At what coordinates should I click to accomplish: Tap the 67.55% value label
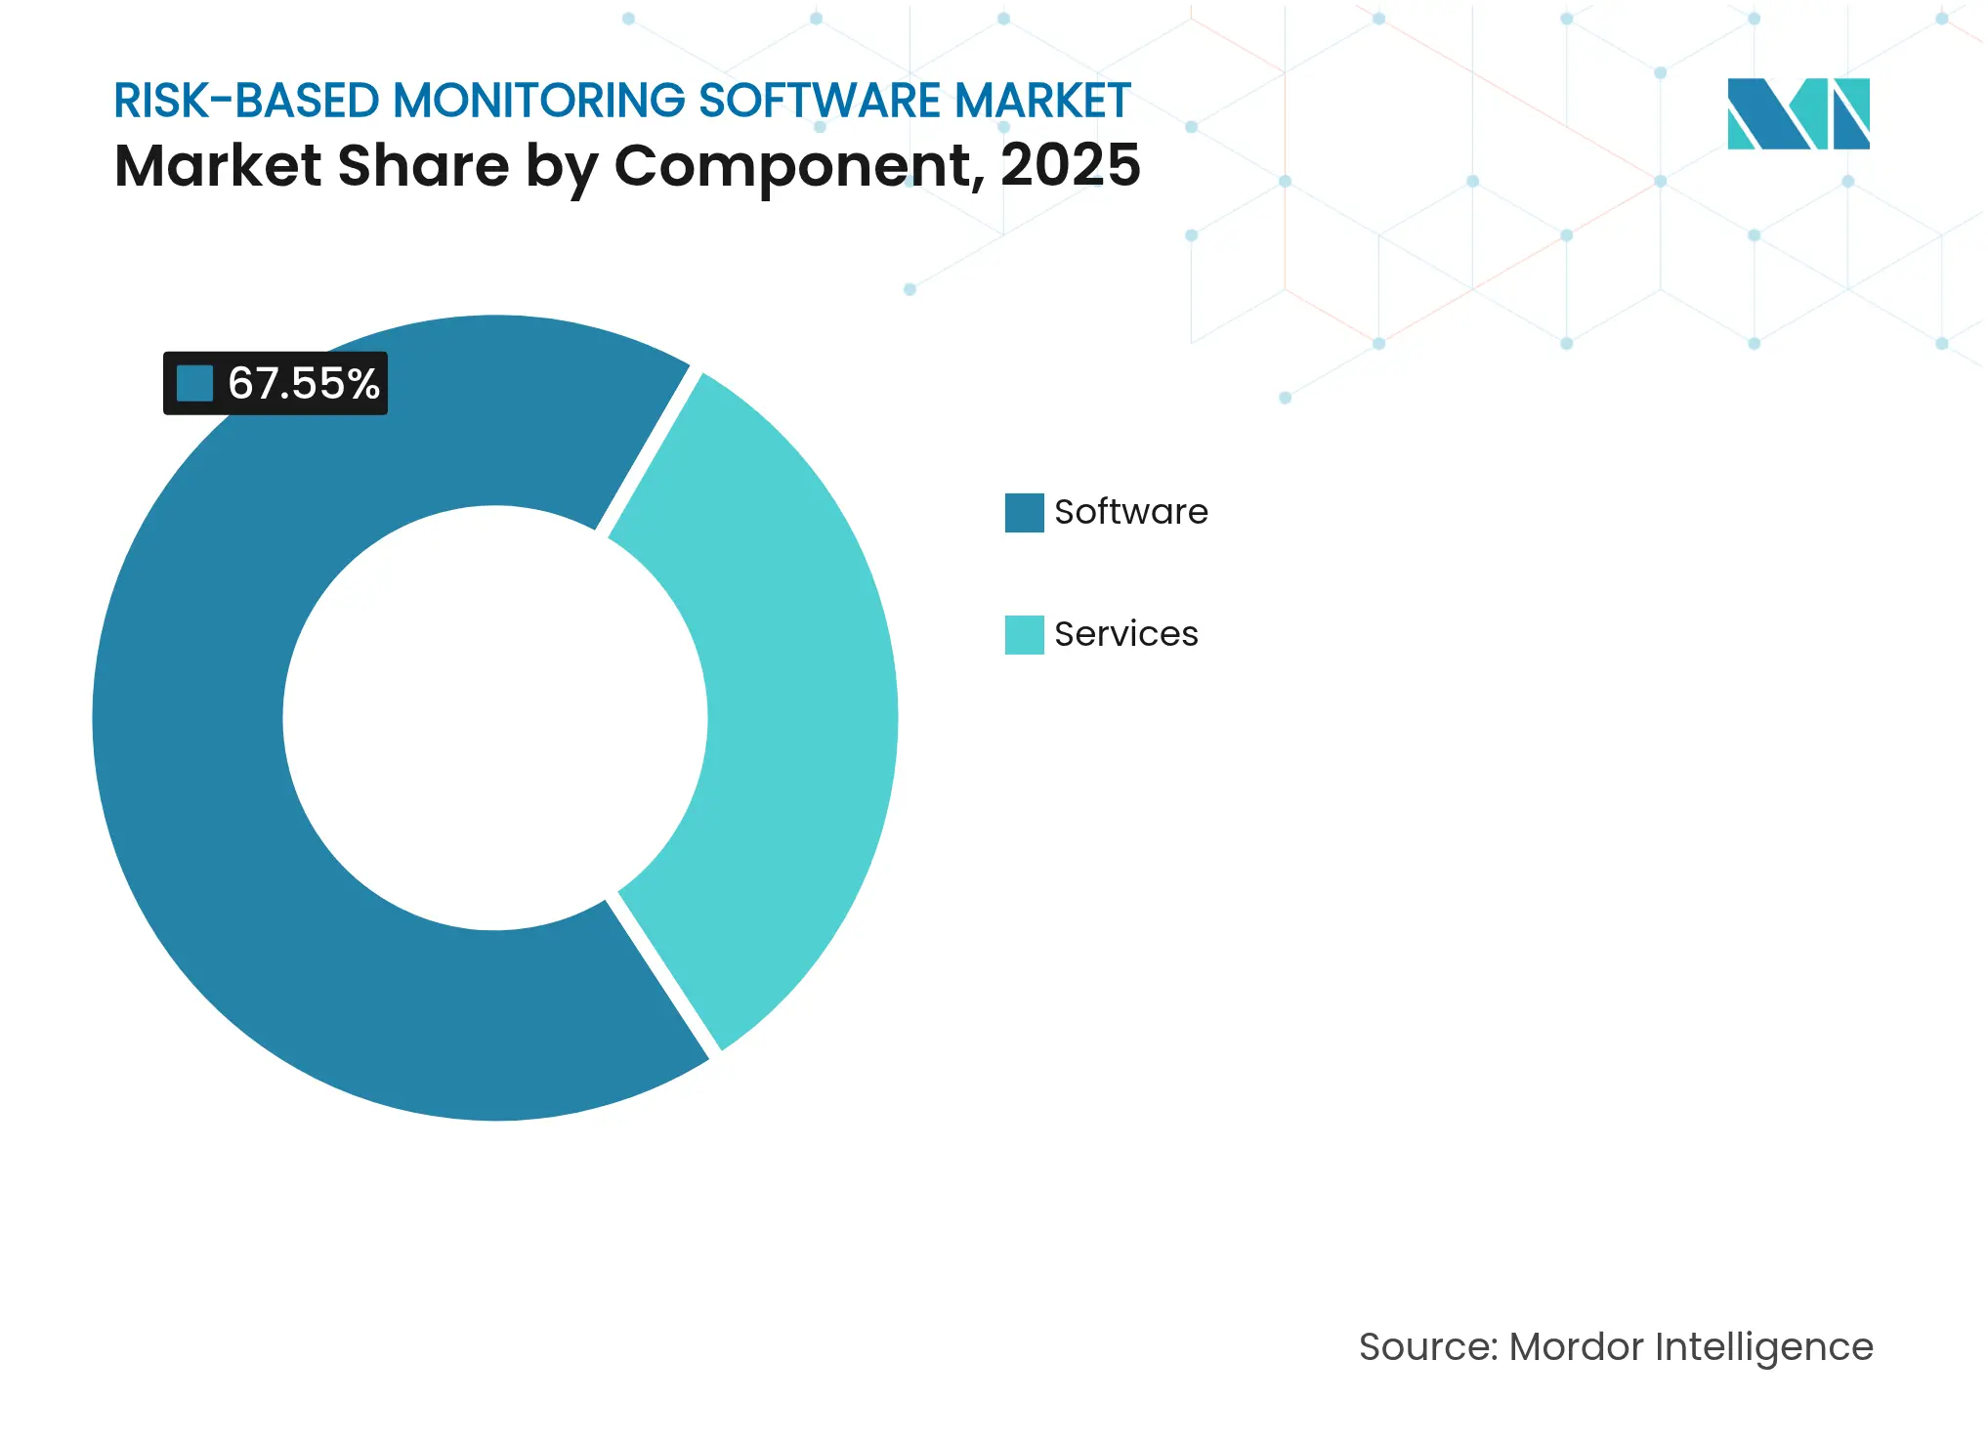coord(303,383)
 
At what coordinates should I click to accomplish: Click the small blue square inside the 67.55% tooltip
coord(194,383)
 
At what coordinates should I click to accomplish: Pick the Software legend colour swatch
coord(1024,512)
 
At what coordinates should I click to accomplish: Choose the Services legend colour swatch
coord(1024,634)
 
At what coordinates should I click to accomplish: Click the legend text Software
coord(1130,512)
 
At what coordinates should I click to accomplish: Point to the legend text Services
coord(1125,634)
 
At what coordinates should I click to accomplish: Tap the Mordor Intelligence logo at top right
coord(1798,113)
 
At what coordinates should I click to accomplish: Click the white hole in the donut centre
coord(494,718)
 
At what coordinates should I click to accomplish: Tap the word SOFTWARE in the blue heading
coord(821,101)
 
